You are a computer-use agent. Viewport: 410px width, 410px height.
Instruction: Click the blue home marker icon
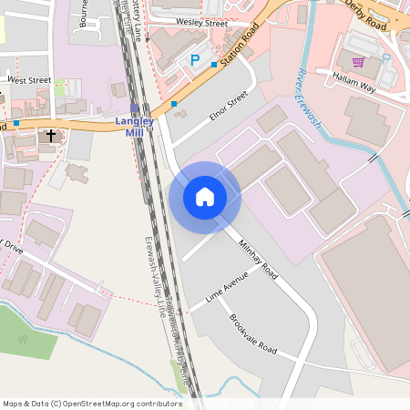pos(205,196)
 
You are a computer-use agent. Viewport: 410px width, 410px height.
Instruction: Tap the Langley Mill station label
pos(134,125)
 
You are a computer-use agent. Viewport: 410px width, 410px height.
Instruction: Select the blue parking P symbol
pos(194,60)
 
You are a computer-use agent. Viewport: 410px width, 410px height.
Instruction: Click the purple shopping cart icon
pos(358,62)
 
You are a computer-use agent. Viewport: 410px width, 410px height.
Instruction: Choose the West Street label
pos(29,80)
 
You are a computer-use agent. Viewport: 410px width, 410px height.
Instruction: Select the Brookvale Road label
pos(252,333)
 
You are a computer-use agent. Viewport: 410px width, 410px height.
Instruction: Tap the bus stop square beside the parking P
pos(214,65)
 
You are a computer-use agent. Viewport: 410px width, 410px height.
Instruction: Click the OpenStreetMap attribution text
pos(93,403)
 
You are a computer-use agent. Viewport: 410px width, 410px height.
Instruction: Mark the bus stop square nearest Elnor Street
pos(174,104)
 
